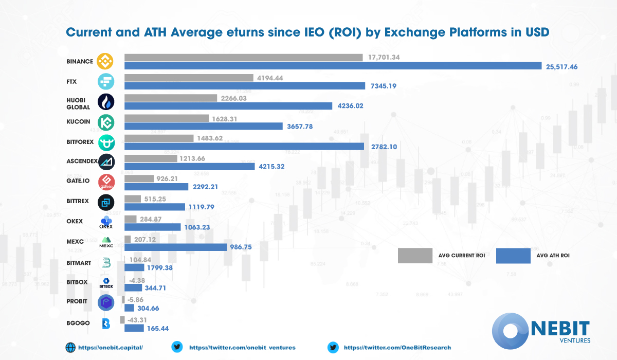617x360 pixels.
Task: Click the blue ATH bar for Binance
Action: pos(333,66)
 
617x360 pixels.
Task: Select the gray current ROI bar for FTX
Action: pos(189,78)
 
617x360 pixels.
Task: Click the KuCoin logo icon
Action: pos(106,122)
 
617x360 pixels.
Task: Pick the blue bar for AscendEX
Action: pos(190,166)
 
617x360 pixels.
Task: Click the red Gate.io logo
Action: pos(106,182)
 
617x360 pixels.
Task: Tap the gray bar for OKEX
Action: pos(131,219)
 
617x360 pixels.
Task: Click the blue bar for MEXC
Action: pos(175,247)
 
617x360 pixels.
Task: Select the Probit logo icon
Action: pos(106,303)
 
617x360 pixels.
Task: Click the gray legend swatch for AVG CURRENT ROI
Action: pos(415,255)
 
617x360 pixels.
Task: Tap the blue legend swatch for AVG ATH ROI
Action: pos(513,255)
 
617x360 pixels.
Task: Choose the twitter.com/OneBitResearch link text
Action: pos(397,348)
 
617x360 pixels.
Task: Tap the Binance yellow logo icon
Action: pos(106,62)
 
